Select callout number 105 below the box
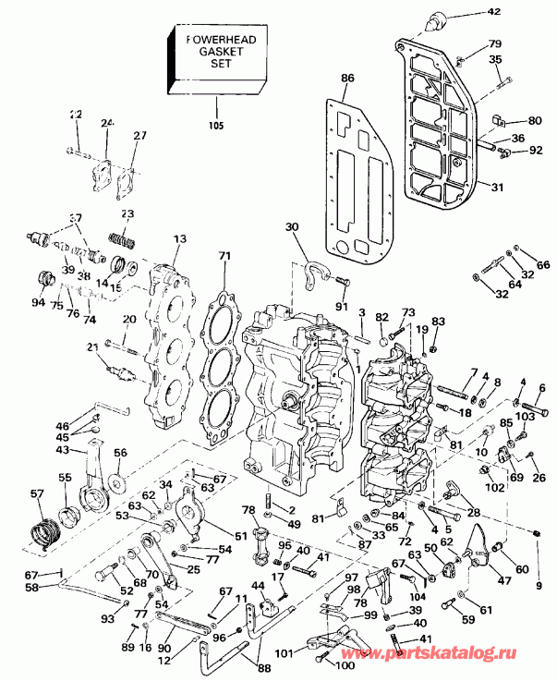tap(214, 125)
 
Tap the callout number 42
tap(518, 13)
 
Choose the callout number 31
tap(498, 188)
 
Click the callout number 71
tap(223, 256)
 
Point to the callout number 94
tap(38, 302)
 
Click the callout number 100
tap(345, 664)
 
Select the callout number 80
tap(535, 120)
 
